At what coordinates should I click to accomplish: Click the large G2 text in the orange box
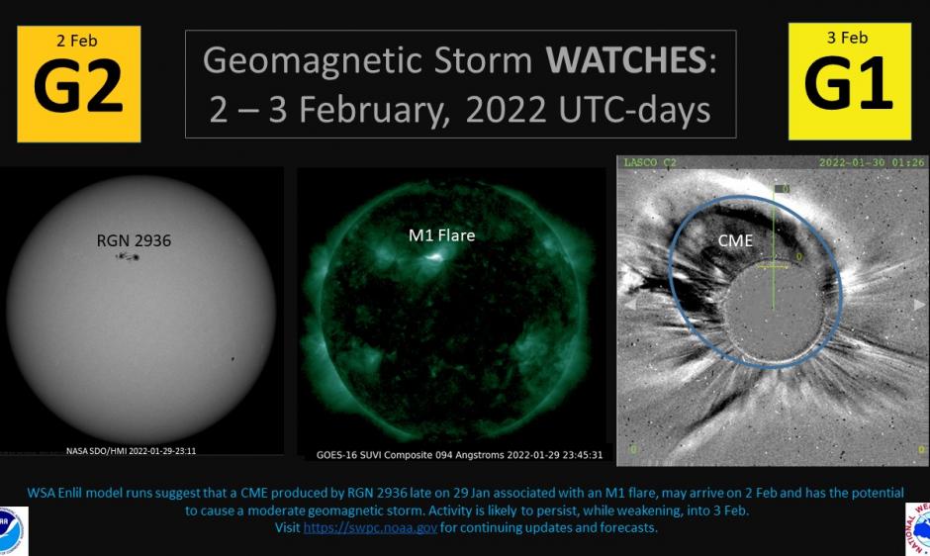[78, 88]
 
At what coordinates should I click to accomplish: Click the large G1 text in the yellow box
[849, 85]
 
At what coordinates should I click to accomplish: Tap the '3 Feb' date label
[848, 38]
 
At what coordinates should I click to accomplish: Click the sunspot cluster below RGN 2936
[128, 257]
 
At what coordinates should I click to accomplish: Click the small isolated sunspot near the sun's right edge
[232, 359]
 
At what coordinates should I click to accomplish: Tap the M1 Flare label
[441, 235]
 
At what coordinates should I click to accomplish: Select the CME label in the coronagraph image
[735, 240]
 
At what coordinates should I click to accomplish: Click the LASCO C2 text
[651, 161]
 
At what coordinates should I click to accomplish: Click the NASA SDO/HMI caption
[131, 450]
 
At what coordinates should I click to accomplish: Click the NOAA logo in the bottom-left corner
[12, 532]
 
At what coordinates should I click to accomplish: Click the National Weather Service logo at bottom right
[919, 529]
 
